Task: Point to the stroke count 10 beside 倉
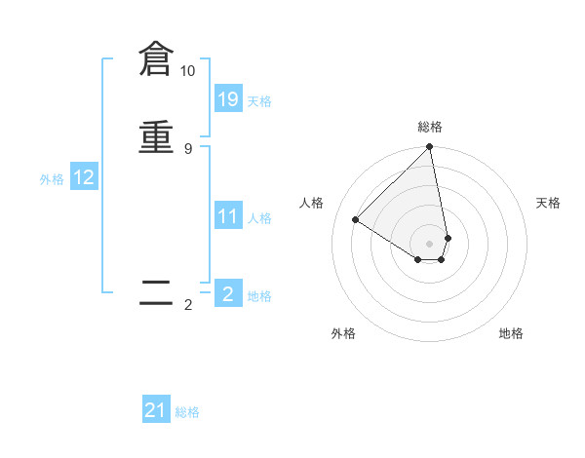[x=187, y=71]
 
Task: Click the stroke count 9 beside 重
[x=187, y=148]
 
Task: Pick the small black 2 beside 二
[x=188, y=305]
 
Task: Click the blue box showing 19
[x=228, y=98]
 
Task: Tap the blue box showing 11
[x=228, y=215]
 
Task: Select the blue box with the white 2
[x=228, y=293]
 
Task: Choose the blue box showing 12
[x=84, y=177]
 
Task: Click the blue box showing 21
[x=156, y=410]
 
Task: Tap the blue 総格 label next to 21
[x=187, y=412]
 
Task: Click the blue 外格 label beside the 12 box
[x=52, y=179]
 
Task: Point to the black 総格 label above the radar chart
[x=430, y=127]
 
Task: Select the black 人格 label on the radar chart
[x=312, y=203]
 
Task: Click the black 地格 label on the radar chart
[x=511, y=333]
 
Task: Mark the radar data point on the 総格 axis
[x=430, y=148]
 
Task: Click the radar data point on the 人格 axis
[x=356, y=219]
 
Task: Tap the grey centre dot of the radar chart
[x=430, y=243]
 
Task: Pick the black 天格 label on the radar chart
[x=548, y=203]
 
